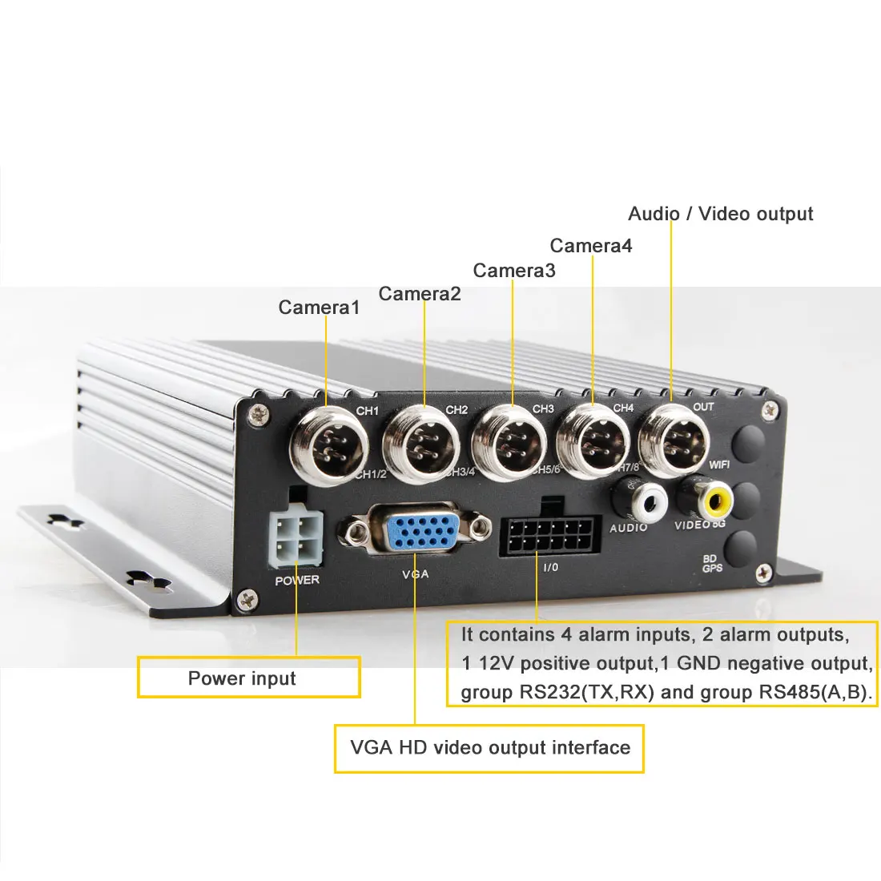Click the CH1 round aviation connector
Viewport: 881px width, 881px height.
pyautogui.click(x=327, y=444)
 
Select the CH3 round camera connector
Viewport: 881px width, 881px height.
pyautogui.click(x=509, y=442)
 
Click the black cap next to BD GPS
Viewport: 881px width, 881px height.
pyautogui.click(x=744, y=549)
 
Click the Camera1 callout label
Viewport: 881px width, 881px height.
pyautogui.click(x=319, y=308)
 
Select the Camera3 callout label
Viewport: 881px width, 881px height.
pyautogui.click(x=514, y=271)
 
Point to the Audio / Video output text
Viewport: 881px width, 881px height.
pyautogui.click(x=720, y=214)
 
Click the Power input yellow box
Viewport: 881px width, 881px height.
pyautogui.click(x=248, y=678)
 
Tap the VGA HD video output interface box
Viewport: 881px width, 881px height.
pyautogui.click(x=489, y=748)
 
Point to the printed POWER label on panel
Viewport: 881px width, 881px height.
pyautogui.click(x=296, y=580)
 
